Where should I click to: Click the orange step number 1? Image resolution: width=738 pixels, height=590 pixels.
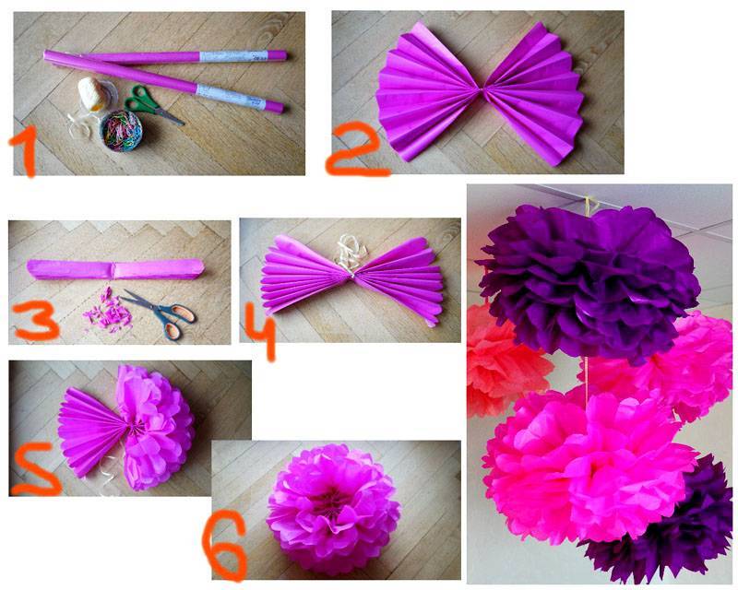coord(26,150)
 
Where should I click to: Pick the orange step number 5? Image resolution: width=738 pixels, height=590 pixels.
coord(36,469)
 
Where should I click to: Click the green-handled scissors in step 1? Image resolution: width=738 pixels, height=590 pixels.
coord(152,104)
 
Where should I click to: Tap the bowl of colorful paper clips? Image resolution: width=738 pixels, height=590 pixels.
coord(121,131)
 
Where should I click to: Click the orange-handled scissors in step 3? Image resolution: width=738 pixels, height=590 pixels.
coord(161,313)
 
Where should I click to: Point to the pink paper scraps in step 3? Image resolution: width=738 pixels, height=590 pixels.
coord(107,312)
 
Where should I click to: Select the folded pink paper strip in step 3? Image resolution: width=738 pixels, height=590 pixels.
coord(116,269)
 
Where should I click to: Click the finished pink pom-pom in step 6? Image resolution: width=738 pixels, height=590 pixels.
coord(333,509)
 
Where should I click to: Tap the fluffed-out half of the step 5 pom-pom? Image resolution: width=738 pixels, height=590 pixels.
coord(156,427)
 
